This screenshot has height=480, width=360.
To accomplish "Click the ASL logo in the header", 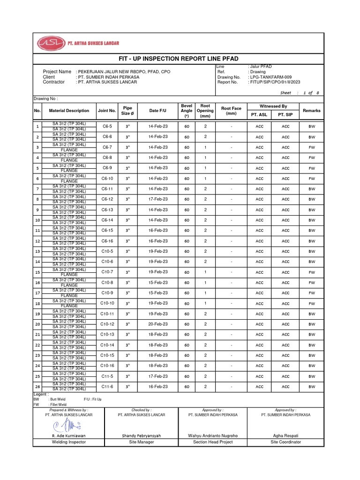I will [51, 44].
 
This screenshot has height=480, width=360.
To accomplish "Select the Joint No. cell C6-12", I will [107, 199].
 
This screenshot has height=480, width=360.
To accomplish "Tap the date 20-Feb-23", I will [157, 324].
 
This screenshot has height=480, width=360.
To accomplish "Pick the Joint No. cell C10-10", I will [107, 303].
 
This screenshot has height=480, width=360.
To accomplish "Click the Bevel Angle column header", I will [187, 111].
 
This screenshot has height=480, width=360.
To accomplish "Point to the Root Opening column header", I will [205, 111].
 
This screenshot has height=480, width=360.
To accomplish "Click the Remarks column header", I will [312, 111].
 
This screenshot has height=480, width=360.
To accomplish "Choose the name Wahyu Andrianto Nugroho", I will [213, 435].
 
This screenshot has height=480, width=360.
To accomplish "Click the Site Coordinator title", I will [285, 442].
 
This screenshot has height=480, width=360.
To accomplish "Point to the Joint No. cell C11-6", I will [107, 387].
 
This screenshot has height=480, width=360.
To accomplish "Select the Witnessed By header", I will [273, 106].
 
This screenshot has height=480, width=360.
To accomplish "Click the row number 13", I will [37, 252].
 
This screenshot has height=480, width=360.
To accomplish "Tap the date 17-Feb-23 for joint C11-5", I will [157, 376].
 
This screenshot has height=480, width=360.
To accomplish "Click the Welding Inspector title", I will [69, 442].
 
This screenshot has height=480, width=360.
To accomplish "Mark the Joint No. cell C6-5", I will [107, 126].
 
